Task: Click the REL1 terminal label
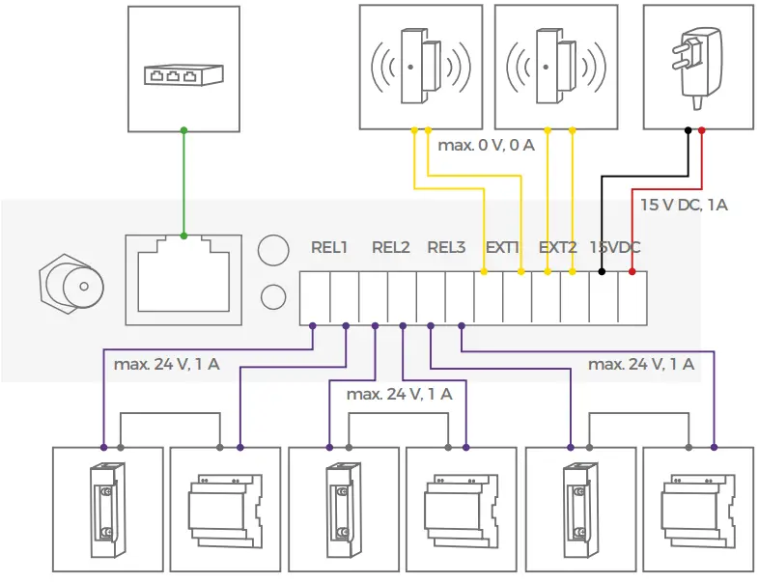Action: tap(329, 247)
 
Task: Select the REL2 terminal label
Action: tap(391, 247)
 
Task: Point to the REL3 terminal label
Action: tap(446, 247)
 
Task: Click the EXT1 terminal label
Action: tap(502, 247)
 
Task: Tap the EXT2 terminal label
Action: tap(557, 247)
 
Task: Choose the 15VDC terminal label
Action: tap(614, 247)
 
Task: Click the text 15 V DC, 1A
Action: tap(684, 205)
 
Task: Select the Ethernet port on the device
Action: tap(183, 279)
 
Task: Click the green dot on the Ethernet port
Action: tap(183, 236)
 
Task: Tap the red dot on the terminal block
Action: tap(632, 273)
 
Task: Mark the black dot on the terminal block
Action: tap(603, 273)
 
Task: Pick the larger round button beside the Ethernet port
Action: tap(273, 250)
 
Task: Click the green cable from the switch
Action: tap(183, 183)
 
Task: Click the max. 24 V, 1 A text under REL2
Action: tap(399, 394)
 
